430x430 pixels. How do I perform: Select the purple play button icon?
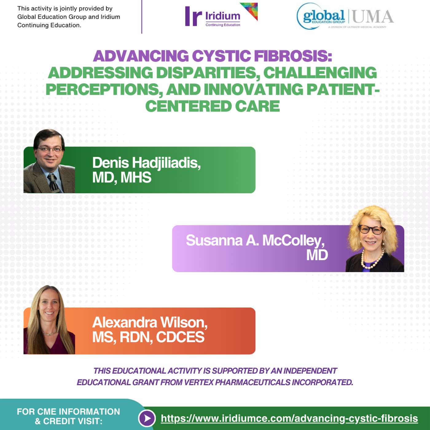pos(147,418)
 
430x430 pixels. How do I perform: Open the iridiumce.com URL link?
pos(289,418)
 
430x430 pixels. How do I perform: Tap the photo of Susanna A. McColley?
pos(373,240)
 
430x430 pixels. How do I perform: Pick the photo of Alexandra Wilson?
pos(49,321)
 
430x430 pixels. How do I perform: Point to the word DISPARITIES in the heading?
pos(206,73)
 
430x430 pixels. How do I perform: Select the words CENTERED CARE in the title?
pos(212,106)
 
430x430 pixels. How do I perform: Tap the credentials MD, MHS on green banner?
pos(122,178)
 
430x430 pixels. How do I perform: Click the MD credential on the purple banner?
pos(317,255)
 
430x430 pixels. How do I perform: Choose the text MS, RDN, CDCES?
pos(148,337)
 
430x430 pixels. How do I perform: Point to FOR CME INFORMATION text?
pos(68,412)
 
